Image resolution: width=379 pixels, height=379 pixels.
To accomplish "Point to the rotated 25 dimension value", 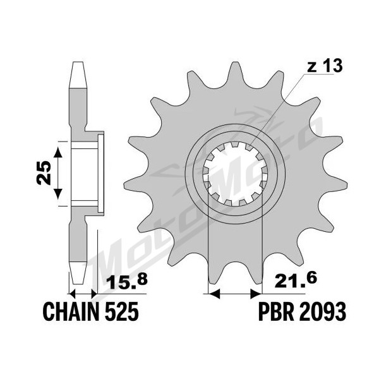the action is (44, 173).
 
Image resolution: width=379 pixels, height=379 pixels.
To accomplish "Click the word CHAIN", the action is (71, 311).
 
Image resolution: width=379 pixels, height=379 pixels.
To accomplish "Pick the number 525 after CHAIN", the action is (123, 311).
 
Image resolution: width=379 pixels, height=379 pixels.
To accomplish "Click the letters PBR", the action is (275, 311).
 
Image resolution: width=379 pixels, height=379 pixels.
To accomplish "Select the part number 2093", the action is (322, 311).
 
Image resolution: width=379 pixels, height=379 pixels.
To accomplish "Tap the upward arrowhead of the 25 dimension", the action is (57, 152).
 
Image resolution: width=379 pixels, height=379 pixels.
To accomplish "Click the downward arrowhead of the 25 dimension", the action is (57, 194).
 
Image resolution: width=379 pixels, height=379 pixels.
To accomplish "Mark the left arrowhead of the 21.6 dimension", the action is (214, 294).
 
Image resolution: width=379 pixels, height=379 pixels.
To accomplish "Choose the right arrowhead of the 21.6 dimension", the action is (256, 294).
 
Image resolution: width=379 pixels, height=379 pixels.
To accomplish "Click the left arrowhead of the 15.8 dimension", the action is (73, 294).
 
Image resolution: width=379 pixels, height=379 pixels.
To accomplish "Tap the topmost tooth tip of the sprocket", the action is (234, 63).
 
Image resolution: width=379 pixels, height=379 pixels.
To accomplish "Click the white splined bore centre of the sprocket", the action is (235, 174).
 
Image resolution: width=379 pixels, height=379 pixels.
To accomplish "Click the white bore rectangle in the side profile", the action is (85, 174).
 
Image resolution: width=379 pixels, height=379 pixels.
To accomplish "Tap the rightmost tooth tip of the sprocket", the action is (347, 186).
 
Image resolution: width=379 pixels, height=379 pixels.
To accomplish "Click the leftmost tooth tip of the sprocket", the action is (124, 186).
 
